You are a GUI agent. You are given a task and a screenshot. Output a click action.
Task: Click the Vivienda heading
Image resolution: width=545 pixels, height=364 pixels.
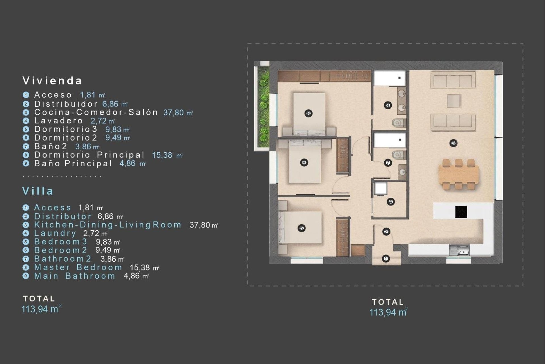[52, 81]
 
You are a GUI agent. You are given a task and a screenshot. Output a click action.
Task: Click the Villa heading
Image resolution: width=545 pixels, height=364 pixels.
[38, 191]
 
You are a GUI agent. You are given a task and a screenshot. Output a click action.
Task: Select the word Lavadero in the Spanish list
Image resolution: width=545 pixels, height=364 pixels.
[58, 121]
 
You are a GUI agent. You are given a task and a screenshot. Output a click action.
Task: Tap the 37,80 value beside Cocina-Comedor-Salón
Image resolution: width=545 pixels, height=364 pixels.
[174, 113]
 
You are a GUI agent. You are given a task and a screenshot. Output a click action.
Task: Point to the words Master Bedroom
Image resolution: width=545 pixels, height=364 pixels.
[78, 268]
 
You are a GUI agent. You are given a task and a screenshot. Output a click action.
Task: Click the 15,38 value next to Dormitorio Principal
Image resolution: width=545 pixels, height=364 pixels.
[162, 155]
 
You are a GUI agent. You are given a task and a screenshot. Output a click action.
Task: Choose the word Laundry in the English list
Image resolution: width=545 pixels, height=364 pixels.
[55, 233]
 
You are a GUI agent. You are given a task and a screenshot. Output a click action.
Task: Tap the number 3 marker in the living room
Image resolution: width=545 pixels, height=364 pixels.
[453, 143]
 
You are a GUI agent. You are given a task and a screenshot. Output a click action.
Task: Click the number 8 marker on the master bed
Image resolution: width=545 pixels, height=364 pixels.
[309, 113]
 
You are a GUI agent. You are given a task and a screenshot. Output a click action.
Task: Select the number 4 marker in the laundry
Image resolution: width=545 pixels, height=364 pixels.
[391, 202]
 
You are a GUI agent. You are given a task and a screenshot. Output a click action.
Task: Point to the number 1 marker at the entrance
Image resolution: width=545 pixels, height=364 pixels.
[386, 259]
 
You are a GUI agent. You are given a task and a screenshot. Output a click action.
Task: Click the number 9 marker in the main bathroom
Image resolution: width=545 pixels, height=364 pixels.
[388, 105]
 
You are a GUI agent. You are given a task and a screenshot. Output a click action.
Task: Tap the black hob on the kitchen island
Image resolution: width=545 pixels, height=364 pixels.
[461, 212]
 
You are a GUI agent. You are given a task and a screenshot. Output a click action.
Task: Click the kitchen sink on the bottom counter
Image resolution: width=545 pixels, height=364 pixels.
[460, 251]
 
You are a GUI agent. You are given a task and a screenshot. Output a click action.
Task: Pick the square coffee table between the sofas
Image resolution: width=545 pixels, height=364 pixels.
[453, 101]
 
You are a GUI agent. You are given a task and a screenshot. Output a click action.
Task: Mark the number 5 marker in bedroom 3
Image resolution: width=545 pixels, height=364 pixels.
[301, 228]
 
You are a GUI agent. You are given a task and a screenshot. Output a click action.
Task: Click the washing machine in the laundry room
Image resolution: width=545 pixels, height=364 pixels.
[380, 188]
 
